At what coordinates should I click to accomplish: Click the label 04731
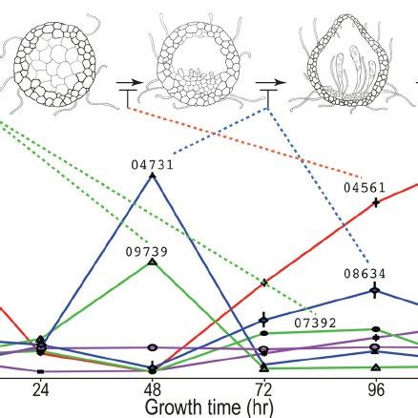coord(153,164)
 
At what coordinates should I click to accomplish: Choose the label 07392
coord(316,323)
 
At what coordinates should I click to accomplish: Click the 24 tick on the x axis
coord(40,389)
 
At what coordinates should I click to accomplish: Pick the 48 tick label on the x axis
coord(153,389)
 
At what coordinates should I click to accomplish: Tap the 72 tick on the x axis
coord(264,389)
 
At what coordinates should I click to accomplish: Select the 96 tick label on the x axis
coord(376,389)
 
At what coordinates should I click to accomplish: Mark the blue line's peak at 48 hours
coord(153,175)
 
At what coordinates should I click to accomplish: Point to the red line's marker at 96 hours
coord(376,202)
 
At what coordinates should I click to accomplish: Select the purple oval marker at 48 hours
coord(153,347)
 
